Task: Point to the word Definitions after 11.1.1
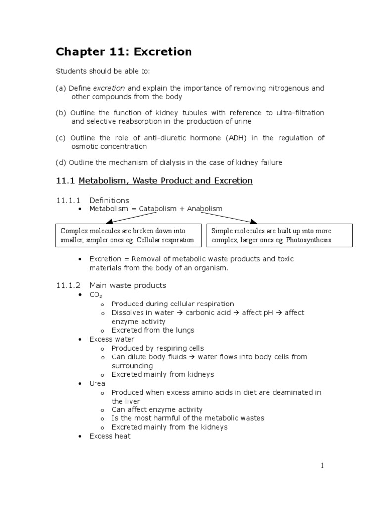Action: (x=109, y=200)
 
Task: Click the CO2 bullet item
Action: (x=95, y=295)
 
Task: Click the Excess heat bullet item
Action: (x=110, y=436)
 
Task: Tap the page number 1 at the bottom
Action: (x=322, y=465)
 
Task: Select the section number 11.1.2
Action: (x=68, y=285)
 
